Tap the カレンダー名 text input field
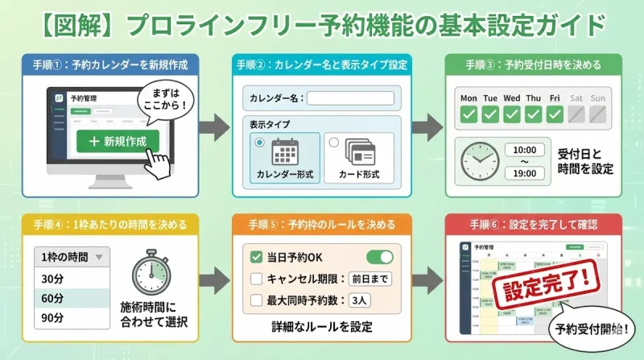(x=349, y=98)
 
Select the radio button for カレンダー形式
(x=259, y=143)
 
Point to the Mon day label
(x=469, y=98)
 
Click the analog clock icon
(x=480, y=160)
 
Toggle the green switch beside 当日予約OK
(x=379, y=257)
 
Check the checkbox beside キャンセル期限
(x=256, y=279)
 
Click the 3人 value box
(x=359, y=301)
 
